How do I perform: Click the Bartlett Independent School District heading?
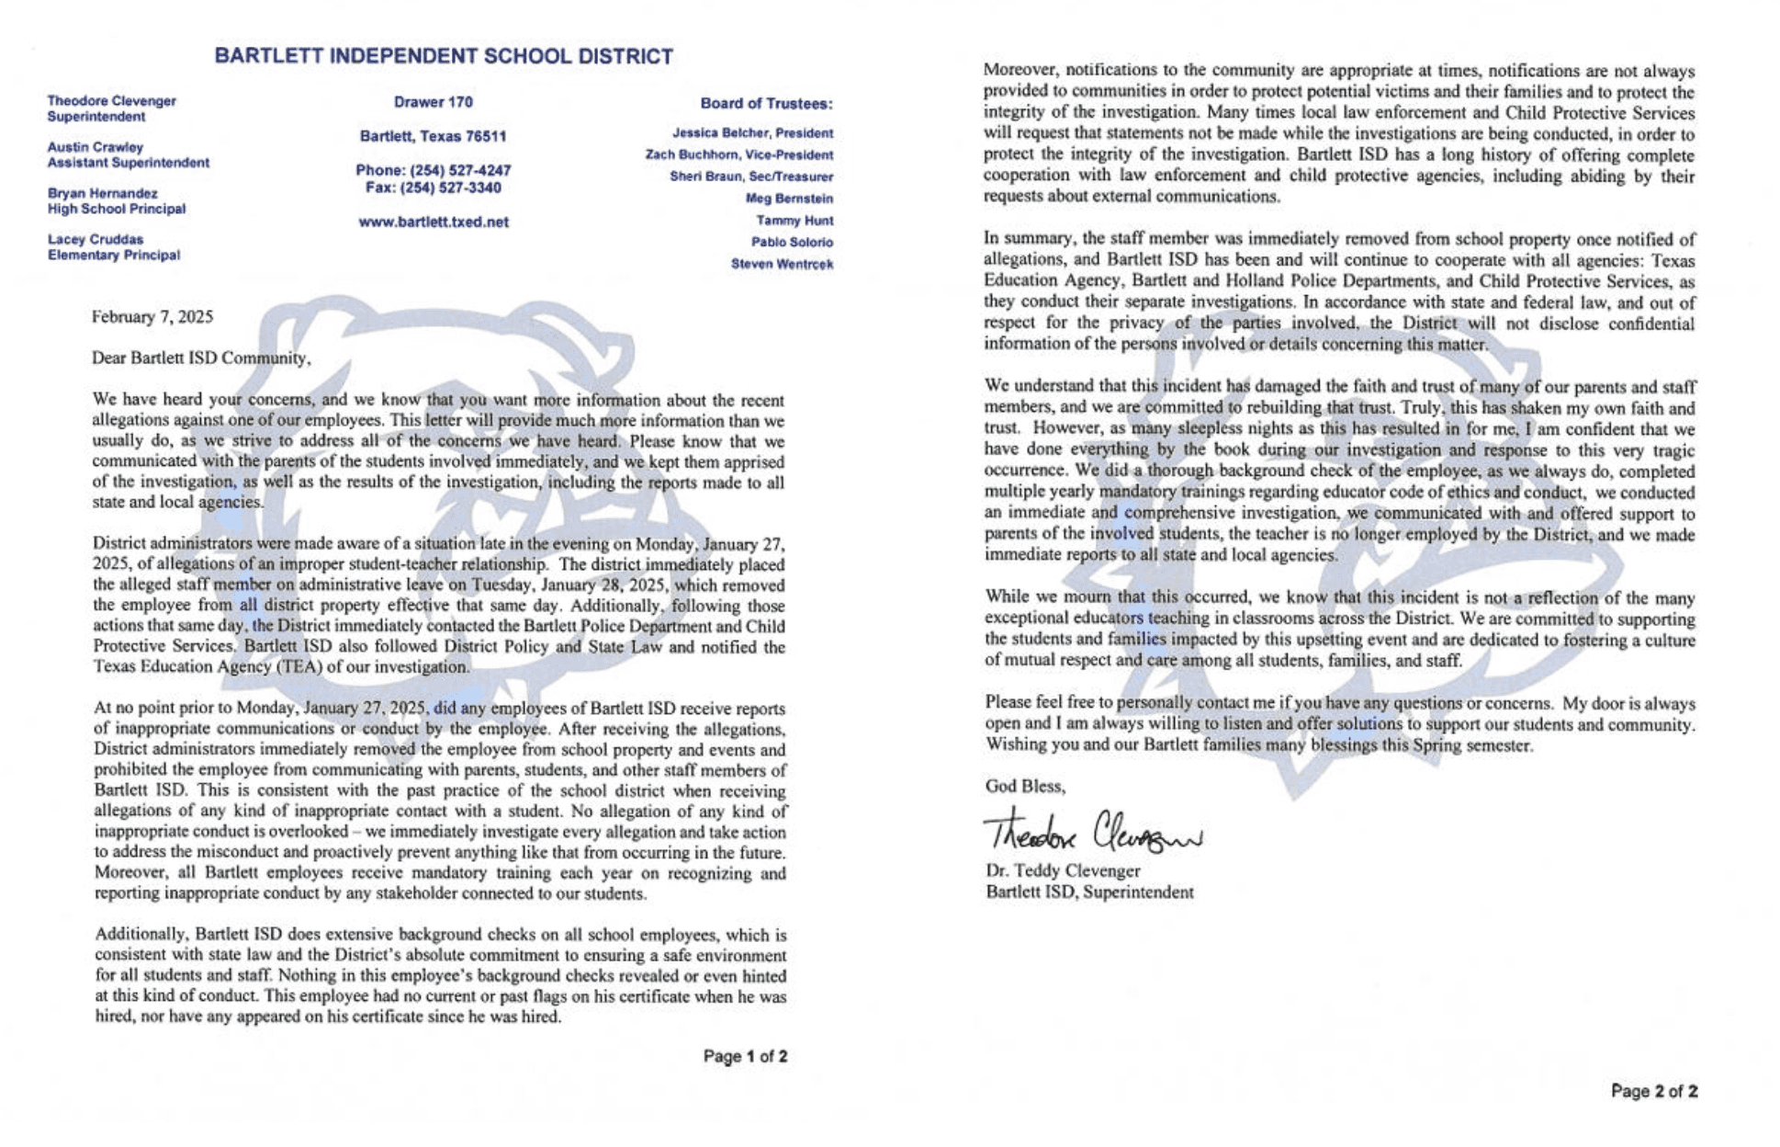(444, 56)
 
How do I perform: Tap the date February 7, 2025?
(152, 317)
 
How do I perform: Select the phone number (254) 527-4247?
(433, 171)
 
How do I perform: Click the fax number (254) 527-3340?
(433, 188)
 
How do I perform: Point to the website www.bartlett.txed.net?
(433, 222)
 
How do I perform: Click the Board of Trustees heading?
(766, 104)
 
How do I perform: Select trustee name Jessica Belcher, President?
(752, 133)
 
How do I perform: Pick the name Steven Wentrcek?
(782, 265)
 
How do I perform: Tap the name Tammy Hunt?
(794, 221)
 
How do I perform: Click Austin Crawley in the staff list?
(96, 147)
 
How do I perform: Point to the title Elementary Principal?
(114, 256)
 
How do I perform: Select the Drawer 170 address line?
(433, 102)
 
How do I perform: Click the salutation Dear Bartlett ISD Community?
(201, 358)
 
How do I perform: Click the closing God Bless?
(1025, 787)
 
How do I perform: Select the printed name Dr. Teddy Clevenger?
(1063, 870)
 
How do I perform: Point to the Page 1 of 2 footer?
(745, 1057)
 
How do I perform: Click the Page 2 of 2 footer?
(1653, 1092)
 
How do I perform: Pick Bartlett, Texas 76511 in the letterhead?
(433, 137)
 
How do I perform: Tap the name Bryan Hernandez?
(102, 194)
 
